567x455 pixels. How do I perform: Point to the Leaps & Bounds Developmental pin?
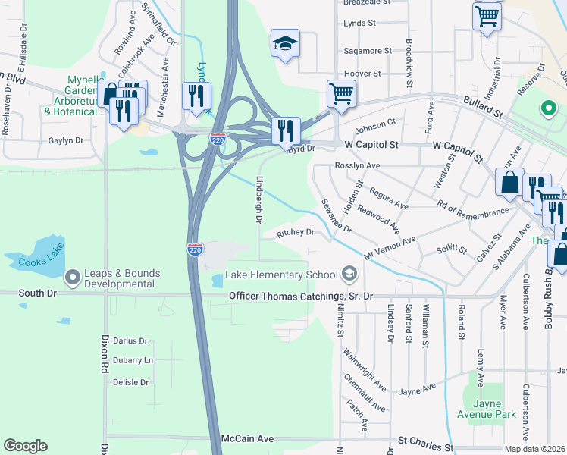pos(73,278)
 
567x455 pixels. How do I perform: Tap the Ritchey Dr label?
pos(295,233)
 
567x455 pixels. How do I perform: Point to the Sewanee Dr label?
pos(337,216)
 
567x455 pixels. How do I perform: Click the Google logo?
pos(25,446)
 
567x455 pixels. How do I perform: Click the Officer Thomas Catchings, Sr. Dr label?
pos(301,295)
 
